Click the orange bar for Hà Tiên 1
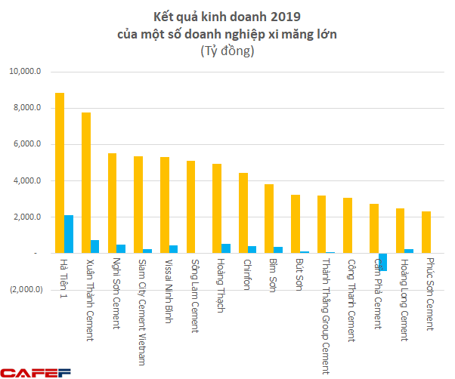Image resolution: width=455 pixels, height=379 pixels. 60,173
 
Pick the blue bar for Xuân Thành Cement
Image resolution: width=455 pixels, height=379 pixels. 95,247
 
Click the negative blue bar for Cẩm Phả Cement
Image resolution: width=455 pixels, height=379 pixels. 383,261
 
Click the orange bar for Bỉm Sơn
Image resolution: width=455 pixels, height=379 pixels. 269,219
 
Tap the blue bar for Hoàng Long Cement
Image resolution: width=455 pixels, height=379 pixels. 410,251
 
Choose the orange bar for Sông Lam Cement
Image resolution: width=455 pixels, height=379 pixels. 190,207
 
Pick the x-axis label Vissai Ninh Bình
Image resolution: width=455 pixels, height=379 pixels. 166,291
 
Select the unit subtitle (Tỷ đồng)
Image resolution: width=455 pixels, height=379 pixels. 227,51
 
